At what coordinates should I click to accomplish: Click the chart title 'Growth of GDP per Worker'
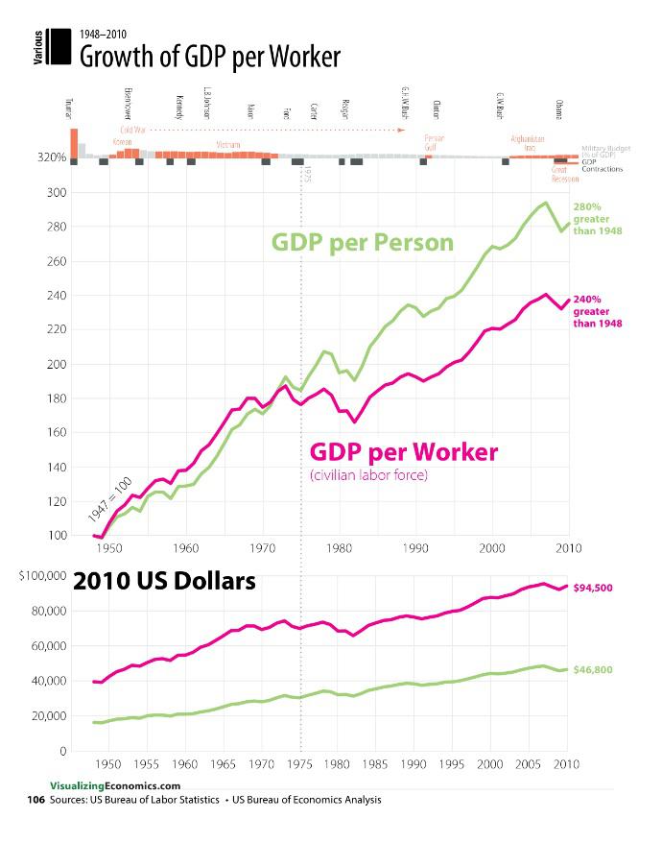209,57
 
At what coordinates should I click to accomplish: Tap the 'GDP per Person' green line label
362,242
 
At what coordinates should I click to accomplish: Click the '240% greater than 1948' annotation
598,311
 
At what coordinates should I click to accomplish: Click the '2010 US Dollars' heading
165,582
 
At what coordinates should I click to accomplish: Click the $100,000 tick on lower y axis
41,576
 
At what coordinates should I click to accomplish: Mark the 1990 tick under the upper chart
415,548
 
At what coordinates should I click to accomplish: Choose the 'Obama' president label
559,108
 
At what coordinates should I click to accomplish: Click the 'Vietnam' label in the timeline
228,145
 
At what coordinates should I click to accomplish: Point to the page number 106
35,799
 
